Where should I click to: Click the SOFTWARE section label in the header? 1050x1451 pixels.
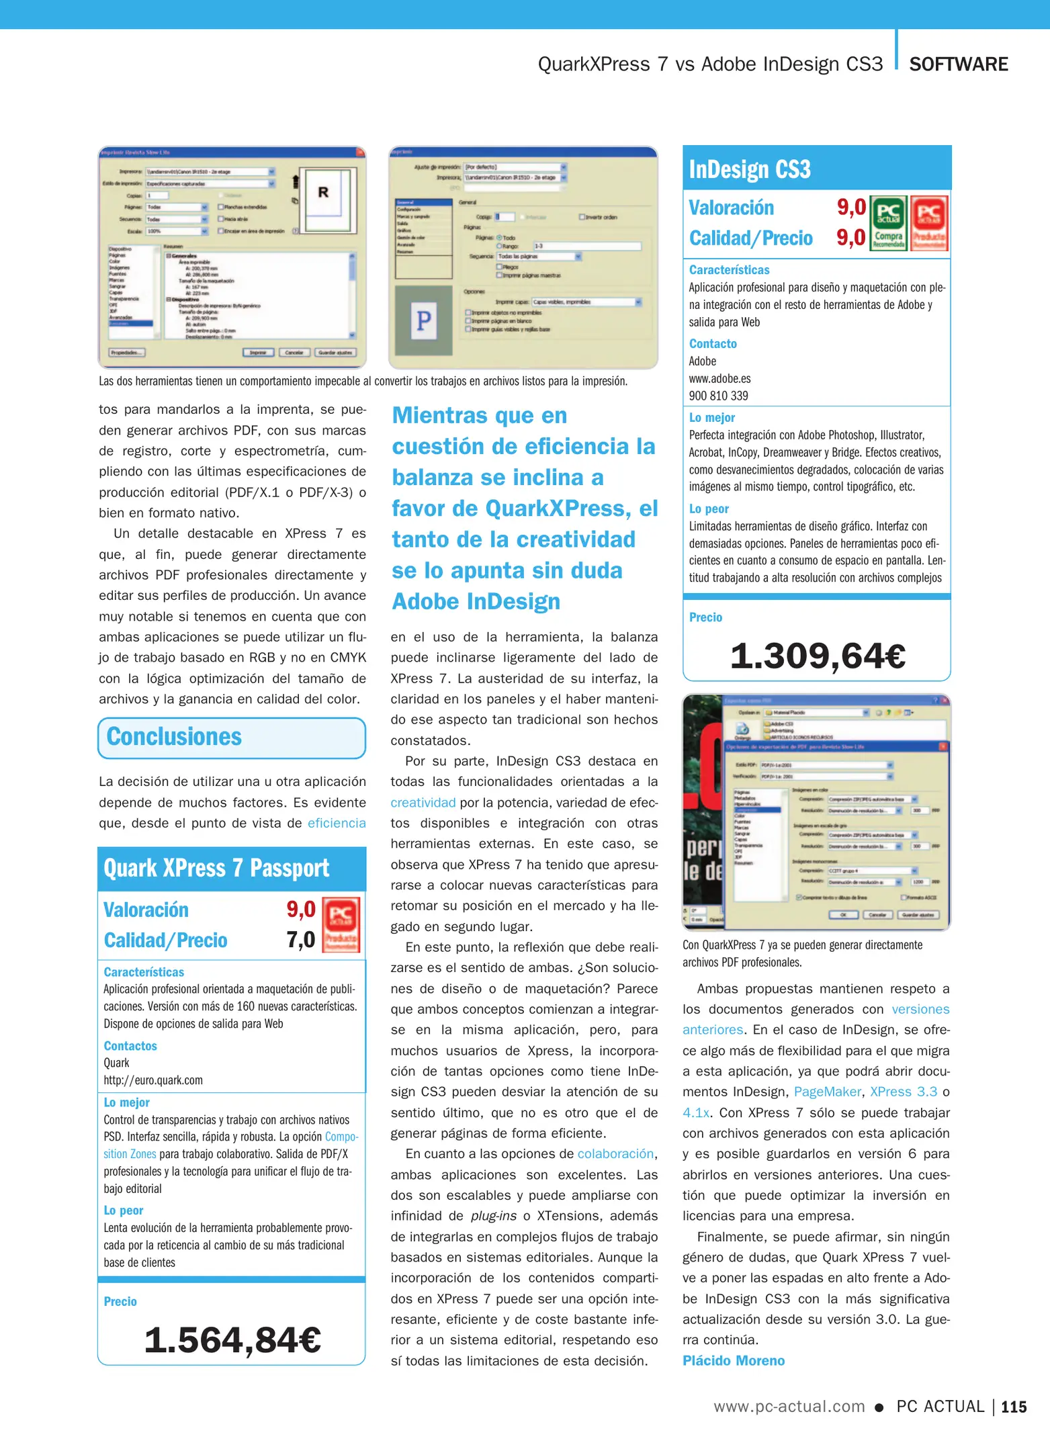pos(958,64)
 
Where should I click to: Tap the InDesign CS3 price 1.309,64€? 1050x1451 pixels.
pos(818,656)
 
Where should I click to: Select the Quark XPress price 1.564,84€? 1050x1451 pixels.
pos(232,1340)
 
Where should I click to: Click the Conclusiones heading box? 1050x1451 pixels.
pos(232,738)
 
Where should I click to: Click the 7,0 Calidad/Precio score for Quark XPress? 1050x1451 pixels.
pos(300,939)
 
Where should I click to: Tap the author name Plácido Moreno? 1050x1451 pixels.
pos(733,1360)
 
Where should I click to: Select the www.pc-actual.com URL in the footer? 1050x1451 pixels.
pos(789,1407)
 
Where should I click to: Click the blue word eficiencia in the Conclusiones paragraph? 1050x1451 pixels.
pos(337,823)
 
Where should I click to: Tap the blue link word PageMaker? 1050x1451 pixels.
pos(826,1092)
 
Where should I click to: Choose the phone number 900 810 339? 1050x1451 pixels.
pos(718,396)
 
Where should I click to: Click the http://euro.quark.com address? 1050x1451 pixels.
pos(153,1080)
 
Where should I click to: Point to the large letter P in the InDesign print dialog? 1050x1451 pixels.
pos(424,321)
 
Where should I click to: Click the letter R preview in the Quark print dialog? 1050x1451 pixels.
pos(323,193)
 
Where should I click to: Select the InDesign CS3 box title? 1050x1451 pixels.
pos(750,169)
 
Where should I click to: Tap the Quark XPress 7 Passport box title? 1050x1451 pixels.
pos(216,869)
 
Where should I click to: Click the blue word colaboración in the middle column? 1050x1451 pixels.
pos(615,1154)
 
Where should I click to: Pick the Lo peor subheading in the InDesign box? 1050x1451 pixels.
pos(709,509)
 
